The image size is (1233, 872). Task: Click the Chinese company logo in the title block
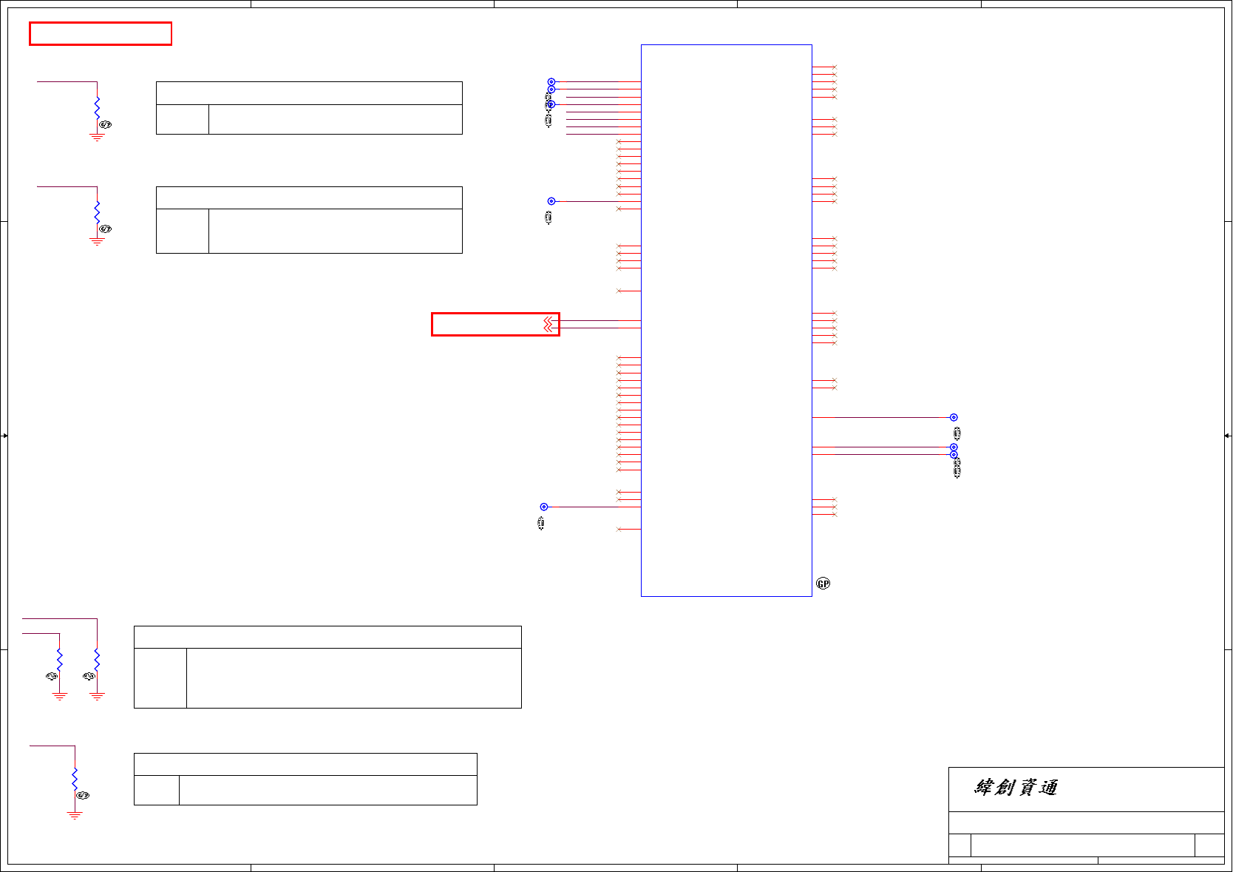[x=1016, y=788]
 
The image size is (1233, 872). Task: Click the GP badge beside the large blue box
[x=823, y=584]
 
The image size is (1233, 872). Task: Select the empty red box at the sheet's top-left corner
[x=101, y=34]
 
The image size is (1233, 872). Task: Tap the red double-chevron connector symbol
[x=548, y=325]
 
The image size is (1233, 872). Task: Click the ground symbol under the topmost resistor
[x=97, y=138]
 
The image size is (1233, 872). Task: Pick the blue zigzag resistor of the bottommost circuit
[x=75, y=779]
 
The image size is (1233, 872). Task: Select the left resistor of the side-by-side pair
[x=60, y=660]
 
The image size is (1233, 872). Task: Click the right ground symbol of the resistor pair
[x=97, y=697]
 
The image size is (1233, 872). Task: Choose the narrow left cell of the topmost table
[x=183, y=119]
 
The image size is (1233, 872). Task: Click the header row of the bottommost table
[x=305, y=764]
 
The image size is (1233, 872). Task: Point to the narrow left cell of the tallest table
[x=160, y=678]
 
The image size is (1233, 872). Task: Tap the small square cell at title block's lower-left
[x=959, y=845]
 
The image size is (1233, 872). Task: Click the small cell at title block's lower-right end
[x=1209, y=845]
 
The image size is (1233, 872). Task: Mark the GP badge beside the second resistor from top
[x=106, y=229]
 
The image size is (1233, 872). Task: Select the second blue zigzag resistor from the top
[x=97, y=212]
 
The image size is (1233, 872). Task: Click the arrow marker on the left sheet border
[x=4, y=436]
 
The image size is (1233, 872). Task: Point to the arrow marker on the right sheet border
[x=1228, y=436]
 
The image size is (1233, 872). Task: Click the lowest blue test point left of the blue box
[x=544, y=507]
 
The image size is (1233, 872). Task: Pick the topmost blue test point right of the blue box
[x=954, y=417]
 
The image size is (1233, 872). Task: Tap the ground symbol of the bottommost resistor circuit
[x=75, y=815]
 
